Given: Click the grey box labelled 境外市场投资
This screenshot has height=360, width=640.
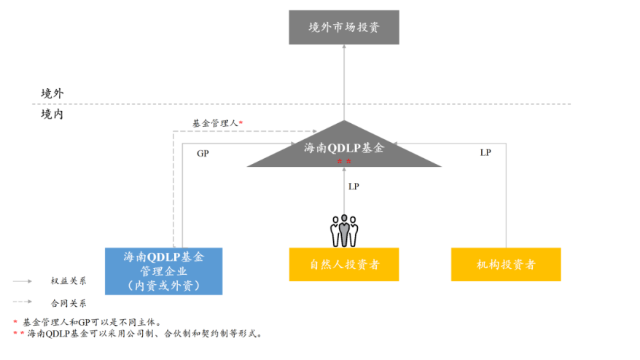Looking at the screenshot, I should (x=343, y=28).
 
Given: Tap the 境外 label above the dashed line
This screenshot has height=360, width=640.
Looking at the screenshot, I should (x=52, y=93).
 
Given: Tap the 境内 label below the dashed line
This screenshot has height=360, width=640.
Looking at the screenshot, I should (x=52, y=114).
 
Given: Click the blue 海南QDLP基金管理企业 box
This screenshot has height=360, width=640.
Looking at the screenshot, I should (x=163, y=270).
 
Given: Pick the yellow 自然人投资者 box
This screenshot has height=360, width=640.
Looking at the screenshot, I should (x=343, y=265).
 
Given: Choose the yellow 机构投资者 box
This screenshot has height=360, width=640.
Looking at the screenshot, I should (x=506, y=265).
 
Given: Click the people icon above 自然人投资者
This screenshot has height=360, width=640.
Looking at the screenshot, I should (x=344, y=230).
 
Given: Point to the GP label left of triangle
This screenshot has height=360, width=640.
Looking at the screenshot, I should (x=203, y=154).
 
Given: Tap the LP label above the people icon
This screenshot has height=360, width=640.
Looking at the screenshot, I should (x=354, y=187).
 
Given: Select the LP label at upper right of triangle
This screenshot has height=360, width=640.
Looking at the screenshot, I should (x=485, y=152).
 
